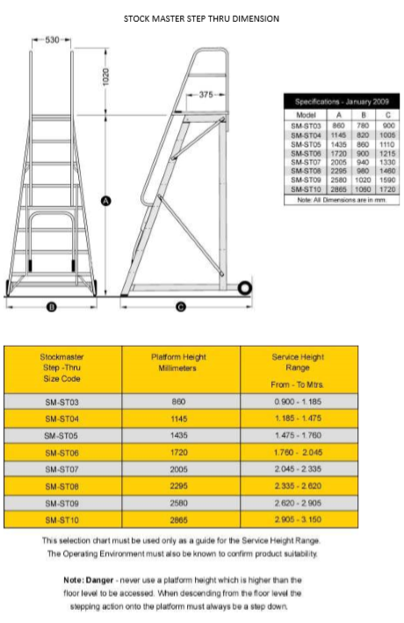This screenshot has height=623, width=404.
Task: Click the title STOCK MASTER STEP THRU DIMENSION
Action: tap(202, 18)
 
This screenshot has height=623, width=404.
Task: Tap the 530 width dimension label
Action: tap(52, 40)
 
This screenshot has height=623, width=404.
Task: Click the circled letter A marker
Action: tap(106, 201)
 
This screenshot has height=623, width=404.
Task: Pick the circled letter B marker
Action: tap(51, 306)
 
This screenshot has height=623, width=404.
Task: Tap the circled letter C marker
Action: tap(181, 306)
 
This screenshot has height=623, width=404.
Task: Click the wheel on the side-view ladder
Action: tap(245, 287)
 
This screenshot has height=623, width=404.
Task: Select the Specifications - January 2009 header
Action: tap(342, 102)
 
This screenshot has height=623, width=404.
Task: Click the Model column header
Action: tap(307, 113)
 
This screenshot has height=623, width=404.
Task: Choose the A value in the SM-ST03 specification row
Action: tap(338, 125)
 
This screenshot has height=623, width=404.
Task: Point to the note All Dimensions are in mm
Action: tap(342, 199)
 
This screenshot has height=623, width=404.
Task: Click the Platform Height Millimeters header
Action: tap(179, 362)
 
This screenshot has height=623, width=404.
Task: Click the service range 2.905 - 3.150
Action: tap(301, 518)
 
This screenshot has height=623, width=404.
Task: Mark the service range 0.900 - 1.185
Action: tap(301, 401)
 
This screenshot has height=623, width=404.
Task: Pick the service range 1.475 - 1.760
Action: tap(301, 434)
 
